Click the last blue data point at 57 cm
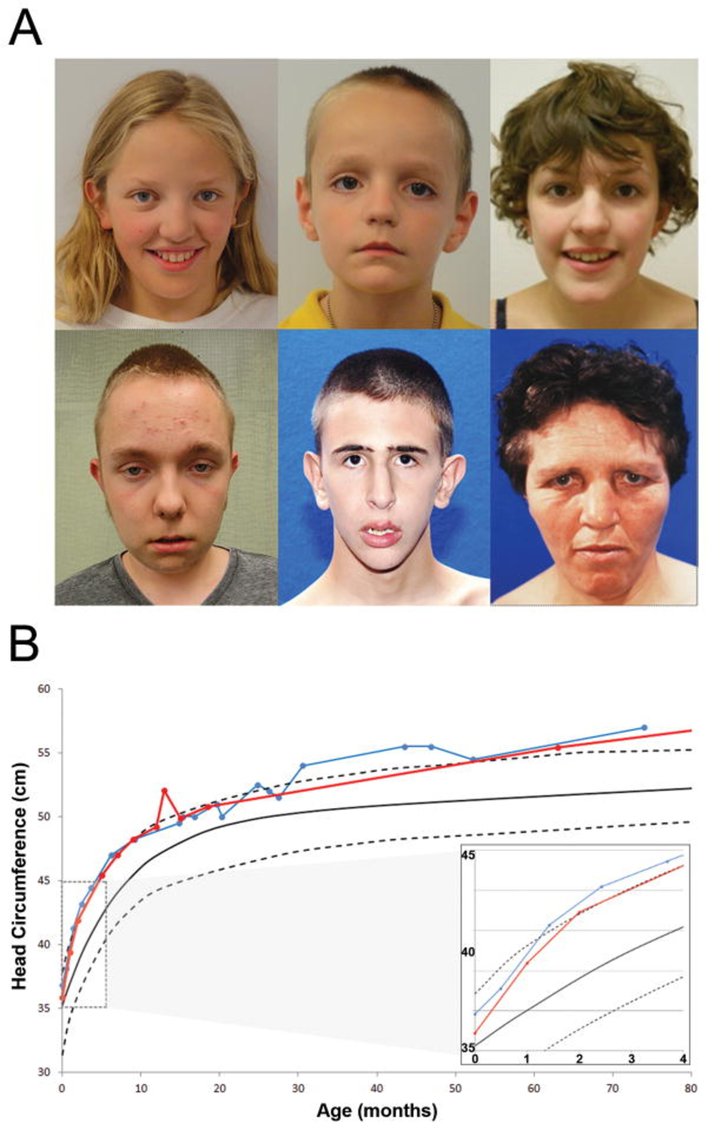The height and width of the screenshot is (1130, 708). [644, 727]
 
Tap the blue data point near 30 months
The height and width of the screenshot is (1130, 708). [303, 766]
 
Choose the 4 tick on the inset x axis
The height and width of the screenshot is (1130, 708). [683, 1059]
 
